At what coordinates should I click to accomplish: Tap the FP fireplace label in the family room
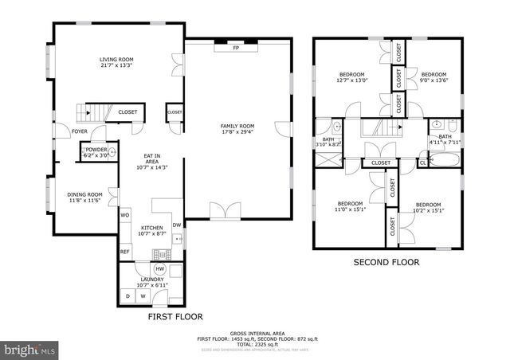point(236,49)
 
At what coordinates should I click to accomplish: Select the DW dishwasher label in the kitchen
point(177,224)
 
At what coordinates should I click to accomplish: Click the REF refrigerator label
point(125,252)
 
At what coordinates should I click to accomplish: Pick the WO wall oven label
point(125,215)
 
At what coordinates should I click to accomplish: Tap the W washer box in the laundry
point(145,296)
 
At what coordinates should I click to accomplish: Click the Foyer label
point(80,131)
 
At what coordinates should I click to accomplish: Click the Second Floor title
point(386,262)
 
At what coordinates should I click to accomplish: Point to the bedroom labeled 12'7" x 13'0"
point(352,77)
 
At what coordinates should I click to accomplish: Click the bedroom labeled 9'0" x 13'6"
point(436,77)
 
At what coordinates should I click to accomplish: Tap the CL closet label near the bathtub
point(422,162)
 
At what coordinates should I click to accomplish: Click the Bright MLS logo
point(30,349)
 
